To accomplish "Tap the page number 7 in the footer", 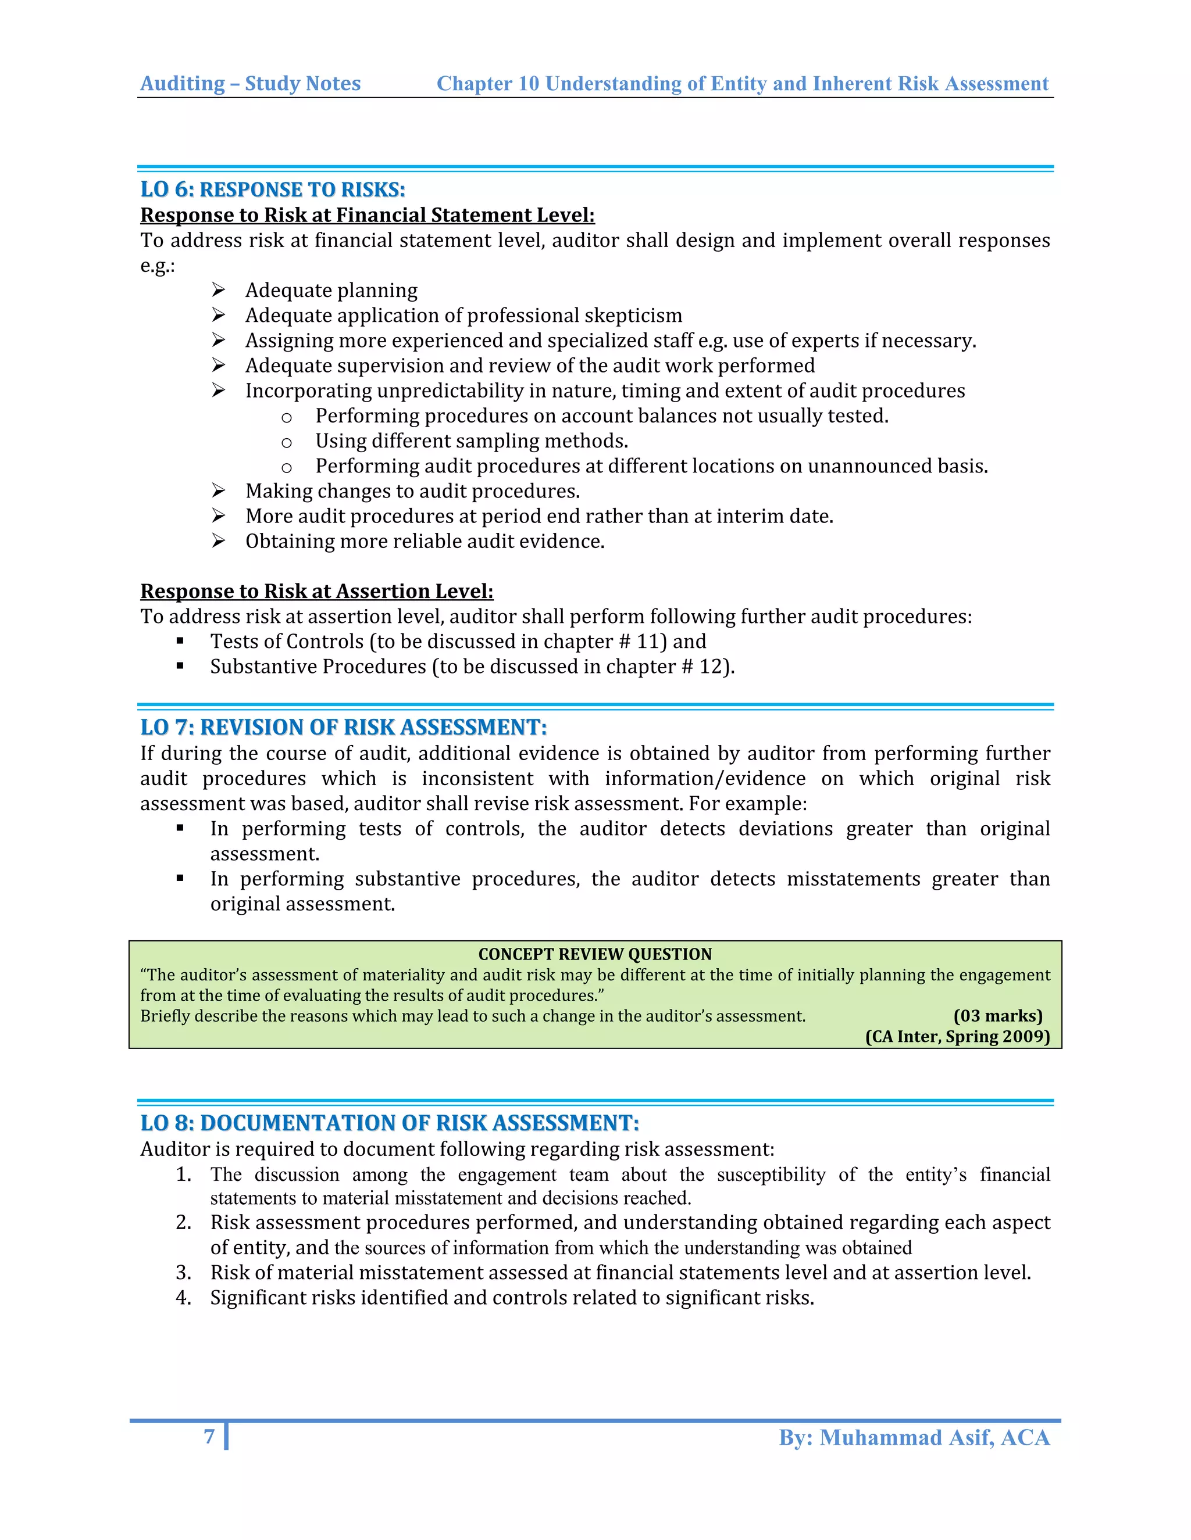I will pos(209,1437).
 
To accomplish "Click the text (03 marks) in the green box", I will pos(997,1016).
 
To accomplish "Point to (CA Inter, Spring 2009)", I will pos(957,1037).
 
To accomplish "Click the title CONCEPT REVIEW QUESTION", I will pos(595,954).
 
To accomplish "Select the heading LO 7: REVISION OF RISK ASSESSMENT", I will pos(343,728).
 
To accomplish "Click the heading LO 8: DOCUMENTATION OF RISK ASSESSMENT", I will pos(390,1123).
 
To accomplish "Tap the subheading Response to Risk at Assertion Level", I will pos(317,591).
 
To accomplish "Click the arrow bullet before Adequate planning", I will pos(218,290).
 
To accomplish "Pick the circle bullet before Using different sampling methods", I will pos(287,443).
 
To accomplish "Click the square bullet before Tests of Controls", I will pos(181,641).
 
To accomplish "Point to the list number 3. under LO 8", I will pos(183,1273).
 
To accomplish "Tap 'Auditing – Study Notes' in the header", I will pos(251,84).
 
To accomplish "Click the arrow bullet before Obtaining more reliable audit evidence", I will pos(218,541).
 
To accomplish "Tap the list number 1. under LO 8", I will pos(183,1174).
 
